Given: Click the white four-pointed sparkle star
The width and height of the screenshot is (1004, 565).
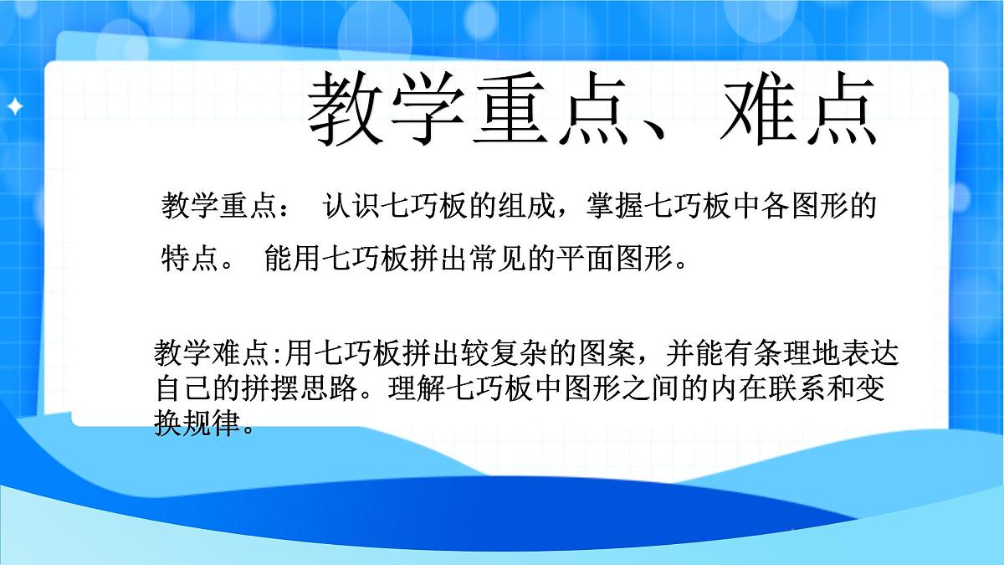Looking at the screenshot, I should point(14,106).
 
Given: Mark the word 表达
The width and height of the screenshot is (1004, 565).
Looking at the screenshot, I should point(873,353).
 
